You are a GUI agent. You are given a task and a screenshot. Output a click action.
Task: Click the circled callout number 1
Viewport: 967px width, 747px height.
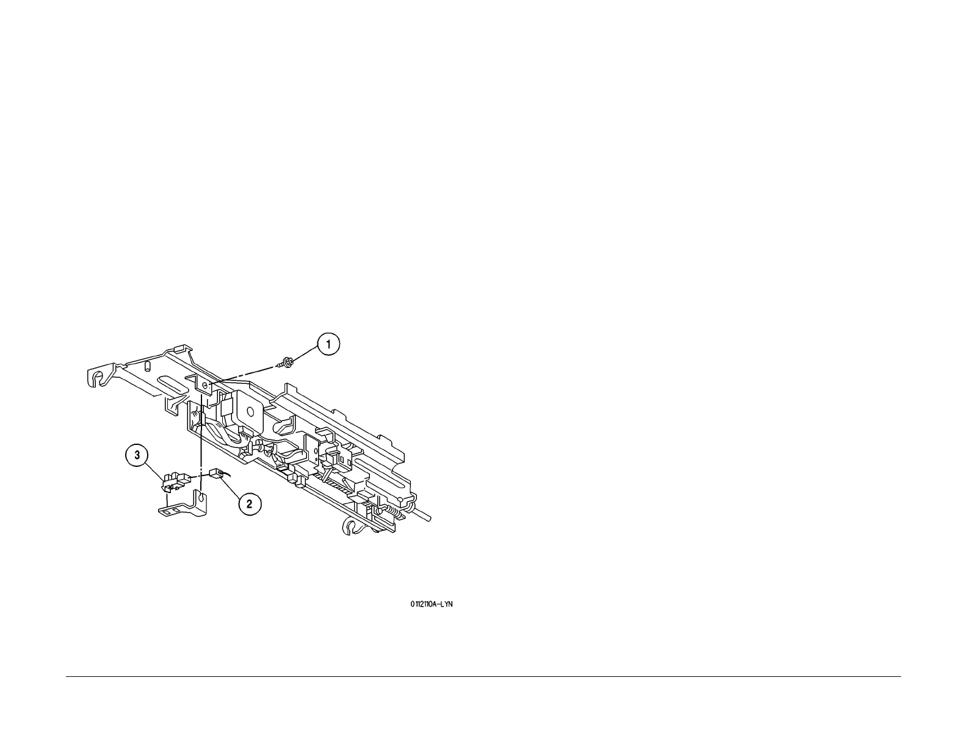328,345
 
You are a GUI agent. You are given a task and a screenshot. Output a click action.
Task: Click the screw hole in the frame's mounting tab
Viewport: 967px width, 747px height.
205,386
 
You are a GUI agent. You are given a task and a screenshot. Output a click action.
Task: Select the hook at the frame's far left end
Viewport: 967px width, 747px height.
96,380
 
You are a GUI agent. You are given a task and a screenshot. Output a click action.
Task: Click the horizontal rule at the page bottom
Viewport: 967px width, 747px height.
482,676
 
